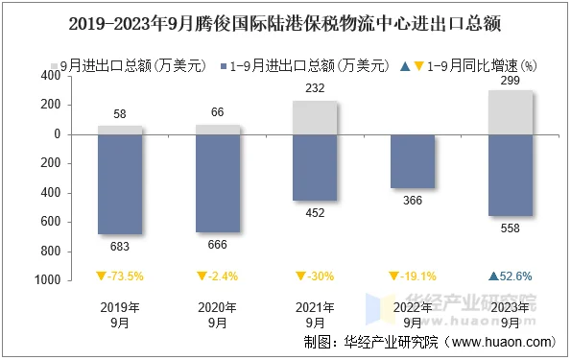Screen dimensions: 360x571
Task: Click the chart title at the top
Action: pos(285,20)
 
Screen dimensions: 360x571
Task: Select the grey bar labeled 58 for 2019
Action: pos(120,131)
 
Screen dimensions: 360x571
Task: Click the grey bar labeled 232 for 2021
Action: pos(315,118)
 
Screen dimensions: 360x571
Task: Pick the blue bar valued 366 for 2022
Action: pos(412,161)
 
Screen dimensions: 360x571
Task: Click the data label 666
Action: pos(217,246)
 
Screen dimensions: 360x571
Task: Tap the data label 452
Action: pos(315,214)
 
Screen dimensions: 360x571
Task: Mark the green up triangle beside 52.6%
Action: pos(492,276)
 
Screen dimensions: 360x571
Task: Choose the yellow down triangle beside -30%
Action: pos(298,276)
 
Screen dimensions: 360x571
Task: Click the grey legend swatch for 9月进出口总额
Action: pos(55,66)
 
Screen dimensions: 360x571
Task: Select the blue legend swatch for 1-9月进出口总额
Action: pos(224,66)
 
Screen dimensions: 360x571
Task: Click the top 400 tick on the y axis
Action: pos(50,77)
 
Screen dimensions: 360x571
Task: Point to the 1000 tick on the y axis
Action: pos(47,280)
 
